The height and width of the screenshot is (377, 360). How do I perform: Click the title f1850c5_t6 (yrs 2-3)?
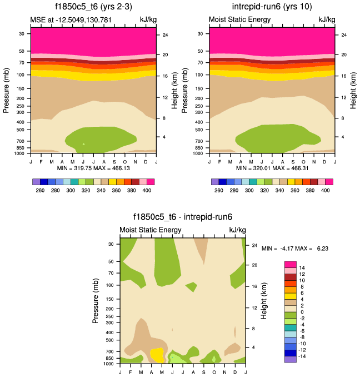click(x=93, y=7)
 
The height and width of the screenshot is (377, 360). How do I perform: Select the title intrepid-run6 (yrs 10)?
click(x=272, y=7)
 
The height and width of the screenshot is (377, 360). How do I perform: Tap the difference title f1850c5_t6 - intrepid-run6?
click(x=183, y=217)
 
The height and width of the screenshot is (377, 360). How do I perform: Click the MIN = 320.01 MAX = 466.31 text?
click(x=272, y=167)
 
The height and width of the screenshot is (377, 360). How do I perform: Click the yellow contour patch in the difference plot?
click(x=157, y=355)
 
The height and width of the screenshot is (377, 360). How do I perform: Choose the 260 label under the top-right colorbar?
click(x=219, y=190)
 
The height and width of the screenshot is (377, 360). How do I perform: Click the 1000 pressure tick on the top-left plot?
click(x=21, y=152)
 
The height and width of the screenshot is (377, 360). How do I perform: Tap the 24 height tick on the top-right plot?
click(x=343, y=35)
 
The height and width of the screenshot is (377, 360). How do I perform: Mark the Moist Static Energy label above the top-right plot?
click(x=239, y=20)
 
